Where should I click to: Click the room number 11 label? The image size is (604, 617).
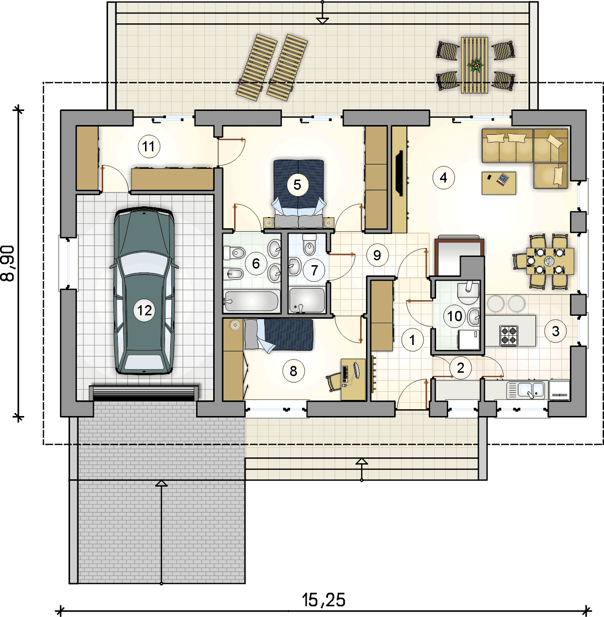148,146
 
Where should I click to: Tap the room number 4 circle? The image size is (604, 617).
443,178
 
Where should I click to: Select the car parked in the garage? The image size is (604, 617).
144,290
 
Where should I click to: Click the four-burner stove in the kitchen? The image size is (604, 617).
509,335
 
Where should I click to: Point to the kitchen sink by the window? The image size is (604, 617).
526,390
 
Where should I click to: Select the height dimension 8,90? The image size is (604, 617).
8,263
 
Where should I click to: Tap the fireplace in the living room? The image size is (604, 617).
400,173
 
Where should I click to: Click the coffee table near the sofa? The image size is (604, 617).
499,183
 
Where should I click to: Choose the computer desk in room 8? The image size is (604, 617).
353,379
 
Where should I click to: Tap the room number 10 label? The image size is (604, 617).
455,316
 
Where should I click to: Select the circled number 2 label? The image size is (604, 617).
460,368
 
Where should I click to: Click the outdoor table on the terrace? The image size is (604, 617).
475,65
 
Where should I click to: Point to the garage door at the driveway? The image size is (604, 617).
144,393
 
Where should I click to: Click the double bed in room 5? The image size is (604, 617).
298,194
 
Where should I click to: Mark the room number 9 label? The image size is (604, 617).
377,255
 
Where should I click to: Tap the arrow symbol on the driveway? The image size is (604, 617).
162,531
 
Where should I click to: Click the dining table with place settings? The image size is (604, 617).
550,261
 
